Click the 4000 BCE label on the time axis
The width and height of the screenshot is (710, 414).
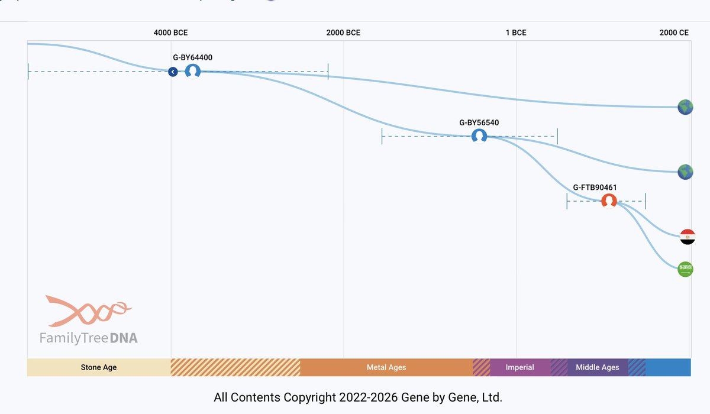click(170, 33)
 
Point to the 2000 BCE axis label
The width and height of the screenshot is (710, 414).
click(343, 33)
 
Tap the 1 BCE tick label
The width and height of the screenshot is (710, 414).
click(515, 33)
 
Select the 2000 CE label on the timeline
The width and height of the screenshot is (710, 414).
click(674, 33)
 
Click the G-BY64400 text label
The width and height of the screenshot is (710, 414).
click(192, 58)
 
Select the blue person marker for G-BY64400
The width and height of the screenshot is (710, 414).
click(193, 72)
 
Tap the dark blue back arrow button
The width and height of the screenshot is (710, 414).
click(173, 72)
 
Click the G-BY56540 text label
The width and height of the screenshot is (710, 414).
click(479, 123)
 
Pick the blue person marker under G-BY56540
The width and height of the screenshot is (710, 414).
click(479, 137)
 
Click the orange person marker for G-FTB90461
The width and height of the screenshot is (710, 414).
click(609, 201)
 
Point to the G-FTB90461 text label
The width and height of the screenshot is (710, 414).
click(595, 187)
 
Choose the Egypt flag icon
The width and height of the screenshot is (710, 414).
click(686, 237)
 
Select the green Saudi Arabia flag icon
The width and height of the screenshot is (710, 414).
click(685, 269)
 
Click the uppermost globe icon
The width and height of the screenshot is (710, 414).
click(685, 107)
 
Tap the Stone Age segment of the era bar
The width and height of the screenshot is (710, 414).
click(99, 367)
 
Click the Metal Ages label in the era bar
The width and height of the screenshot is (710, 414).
click(386, 367)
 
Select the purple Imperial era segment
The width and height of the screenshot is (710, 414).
click(519, 367)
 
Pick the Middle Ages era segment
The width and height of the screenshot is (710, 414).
click(597, 367)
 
